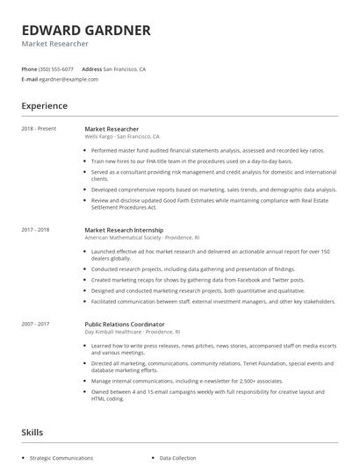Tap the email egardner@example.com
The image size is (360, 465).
(x=69, y=79)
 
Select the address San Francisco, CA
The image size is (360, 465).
(x=125, y=68)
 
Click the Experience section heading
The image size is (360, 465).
(x=45, y=106)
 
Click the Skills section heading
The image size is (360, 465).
(x=32, y=433)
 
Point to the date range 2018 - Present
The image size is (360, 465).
(x=40, y=129)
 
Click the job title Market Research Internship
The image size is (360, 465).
(x=124, y=229)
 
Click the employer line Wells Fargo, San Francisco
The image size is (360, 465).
(x=122, y=137)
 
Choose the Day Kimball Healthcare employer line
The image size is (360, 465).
(x=132, y=331)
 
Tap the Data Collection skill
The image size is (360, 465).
(x=178, y=458)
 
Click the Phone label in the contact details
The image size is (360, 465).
(x=30, y=68)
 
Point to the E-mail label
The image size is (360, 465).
(x=30, y=79)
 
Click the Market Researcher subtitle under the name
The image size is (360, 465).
(x=55, y=44)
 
